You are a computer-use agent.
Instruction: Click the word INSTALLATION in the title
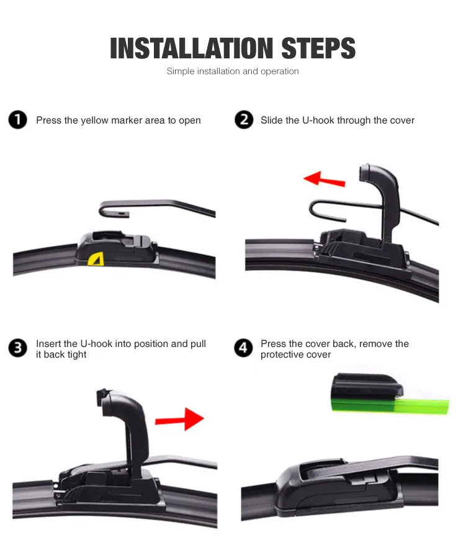[x=192, y=48]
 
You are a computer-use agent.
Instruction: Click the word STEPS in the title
[x=318, y=48]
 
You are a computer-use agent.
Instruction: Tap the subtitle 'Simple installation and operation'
[x=233, y=71]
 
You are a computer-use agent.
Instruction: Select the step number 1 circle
[x=18, y=120]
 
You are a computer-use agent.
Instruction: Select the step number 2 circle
[x=244, y=120]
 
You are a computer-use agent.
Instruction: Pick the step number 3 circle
[x=18, y=348]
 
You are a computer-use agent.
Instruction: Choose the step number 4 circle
[x=243, y=348]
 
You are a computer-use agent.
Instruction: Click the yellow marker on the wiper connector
[x=96, y=259]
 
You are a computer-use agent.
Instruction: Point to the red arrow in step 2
[x=325, y=179]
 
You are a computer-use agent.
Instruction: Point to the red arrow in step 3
[x=179, y=419]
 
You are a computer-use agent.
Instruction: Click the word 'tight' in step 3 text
[x=77, y=354]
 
